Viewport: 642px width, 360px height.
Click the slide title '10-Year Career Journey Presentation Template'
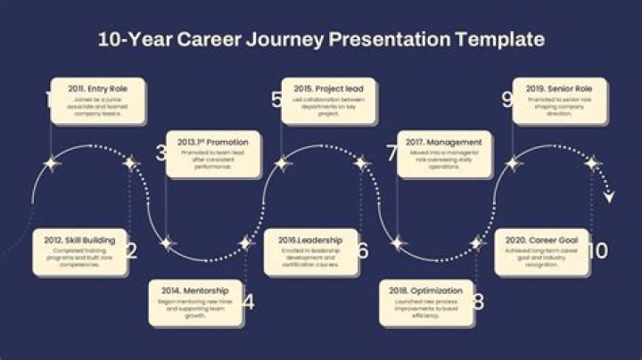[x=321, y=40]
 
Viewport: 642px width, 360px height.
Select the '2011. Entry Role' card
[x=97, y=101]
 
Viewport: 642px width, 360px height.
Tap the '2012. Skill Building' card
[x=78, y=251]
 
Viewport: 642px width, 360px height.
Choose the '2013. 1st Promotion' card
[x=213, y=154]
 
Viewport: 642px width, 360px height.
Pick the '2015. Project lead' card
[x=328, y=101]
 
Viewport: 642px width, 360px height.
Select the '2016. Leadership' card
[x=310, y=251]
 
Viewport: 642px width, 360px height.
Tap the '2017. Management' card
[x=444, y=154]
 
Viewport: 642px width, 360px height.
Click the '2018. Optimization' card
[x=427, y=303]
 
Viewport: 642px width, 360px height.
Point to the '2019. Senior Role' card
[x=559, y=101]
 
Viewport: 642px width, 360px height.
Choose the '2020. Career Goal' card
[x=541, y=251]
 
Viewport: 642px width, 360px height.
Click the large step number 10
[x=597, y=251]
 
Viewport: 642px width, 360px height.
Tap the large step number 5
[x=277, y=100]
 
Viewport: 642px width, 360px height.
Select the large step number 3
[x=161, y=152]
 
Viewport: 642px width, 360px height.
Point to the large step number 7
[x=391, y=152]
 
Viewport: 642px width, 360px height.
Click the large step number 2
[x=131, y=250]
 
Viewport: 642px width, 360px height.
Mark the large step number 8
[x=479, y=302]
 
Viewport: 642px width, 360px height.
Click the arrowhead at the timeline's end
[x=609, y=197]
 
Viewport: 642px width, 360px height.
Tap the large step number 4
[x=248, y=302]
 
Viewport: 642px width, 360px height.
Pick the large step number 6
[x=362, y=250]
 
